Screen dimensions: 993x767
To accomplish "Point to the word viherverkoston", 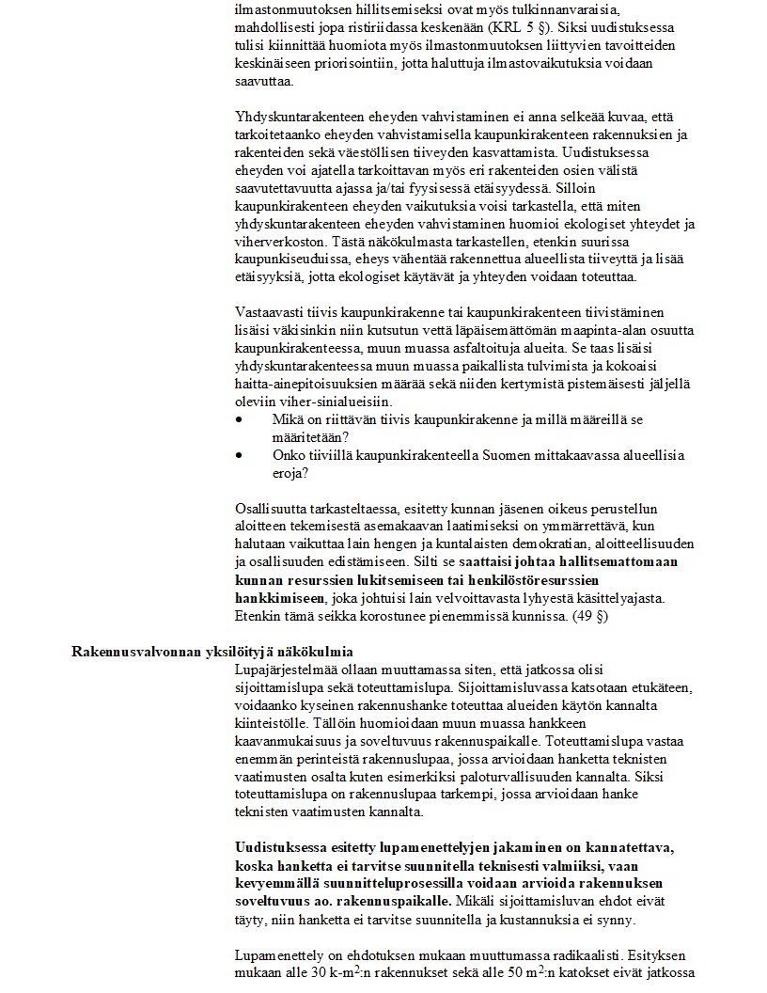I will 276,244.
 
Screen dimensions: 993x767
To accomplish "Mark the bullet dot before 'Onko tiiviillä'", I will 240,455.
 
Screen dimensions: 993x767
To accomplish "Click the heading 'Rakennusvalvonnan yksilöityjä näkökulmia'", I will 212,652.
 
